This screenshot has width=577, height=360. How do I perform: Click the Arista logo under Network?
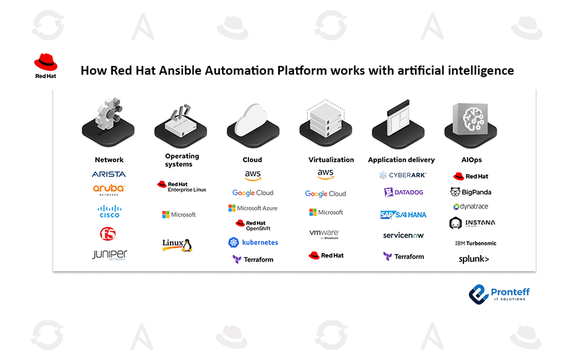(109, 174)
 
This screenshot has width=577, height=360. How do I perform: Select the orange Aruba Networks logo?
(109, 190)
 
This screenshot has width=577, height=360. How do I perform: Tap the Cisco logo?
(109, 211)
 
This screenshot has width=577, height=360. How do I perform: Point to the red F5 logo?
(108, 233)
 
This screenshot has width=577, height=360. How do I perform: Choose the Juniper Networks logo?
(109, 254)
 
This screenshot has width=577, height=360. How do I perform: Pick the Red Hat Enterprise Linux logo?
(181, 187)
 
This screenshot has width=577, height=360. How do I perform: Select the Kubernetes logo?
(253, 242)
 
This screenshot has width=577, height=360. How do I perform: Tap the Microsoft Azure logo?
(253, 208)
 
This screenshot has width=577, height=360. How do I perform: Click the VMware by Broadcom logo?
(324, 234)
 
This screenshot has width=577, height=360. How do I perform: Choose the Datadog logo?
(403, 193)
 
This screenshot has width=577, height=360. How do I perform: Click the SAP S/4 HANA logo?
(403, 214)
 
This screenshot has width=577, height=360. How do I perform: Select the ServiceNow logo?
(403, 235)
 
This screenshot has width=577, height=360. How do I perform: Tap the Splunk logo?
(474, 259)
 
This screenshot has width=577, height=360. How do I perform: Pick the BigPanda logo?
(471, 192)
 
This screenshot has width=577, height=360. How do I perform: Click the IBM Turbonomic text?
(476, 244)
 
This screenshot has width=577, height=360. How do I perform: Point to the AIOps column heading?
(471, 160)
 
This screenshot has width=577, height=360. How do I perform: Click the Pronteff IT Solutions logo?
(500, 293)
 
